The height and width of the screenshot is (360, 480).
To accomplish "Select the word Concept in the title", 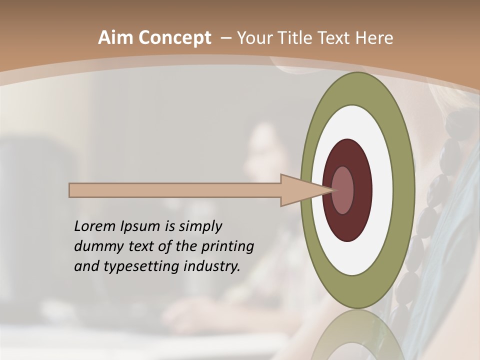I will (174, 38).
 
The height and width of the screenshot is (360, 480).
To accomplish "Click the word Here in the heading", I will (374, 38).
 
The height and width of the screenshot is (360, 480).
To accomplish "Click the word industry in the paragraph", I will (212, 266).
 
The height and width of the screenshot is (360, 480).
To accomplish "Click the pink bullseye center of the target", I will (343, 190).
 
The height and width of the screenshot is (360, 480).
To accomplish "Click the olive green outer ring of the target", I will (403, 190).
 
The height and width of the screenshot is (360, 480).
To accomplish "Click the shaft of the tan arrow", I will (175, 190).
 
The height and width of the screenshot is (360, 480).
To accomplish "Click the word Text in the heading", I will (335, 38).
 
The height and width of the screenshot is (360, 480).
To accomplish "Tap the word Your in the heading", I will (253, 38).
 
